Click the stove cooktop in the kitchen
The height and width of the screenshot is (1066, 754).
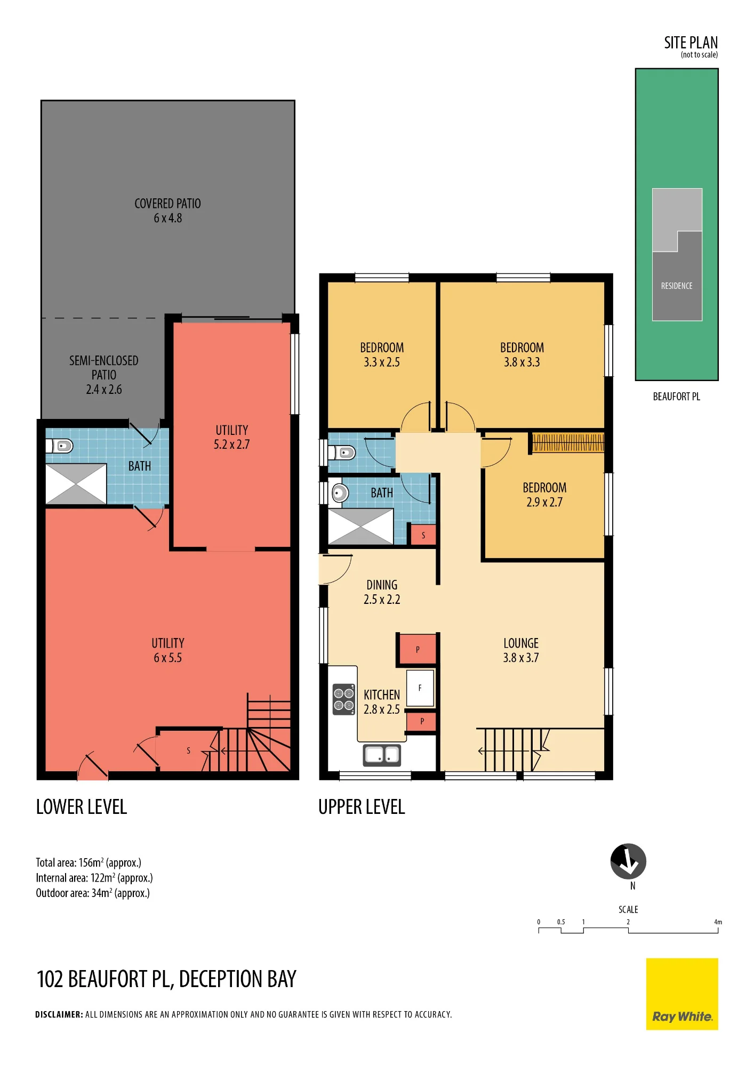344,699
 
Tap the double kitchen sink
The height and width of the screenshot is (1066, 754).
382,755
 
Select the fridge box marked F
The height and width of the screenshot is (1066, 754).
420,688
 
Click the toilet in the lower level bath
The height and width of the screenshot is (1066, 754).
60,446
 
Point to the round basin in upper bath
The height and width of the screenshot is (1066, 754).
339,493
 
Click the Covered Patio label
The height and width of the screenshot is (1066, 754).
167,211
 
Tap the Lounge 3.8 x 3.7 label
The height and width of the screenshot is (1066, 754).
521,650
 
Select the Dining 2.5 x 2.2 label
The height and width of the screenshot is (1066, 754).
382,592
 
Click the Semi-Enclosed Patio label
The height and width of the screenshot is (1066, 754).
104,375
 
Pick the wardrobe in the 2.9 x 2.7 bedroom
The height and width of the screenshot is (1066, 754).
568,442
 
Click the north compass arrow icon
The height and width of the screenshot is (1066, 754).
628,861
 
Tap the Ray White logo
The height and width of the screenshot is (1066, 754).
682,994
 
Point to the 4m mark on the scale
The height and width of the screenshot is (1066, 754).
718,922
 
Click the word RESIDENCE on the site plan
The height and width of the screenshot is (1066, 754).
677,286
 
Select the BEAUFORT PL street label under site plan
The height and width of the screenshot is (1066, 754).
677,397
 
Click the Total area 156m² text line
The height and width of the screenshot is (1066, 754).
89,862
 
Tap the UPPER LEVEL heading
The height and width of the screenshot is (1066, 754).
362,807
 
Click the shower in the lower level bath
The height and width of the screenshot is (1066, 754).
76,484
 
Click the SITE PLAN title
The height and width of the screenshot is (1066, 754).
691,43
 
